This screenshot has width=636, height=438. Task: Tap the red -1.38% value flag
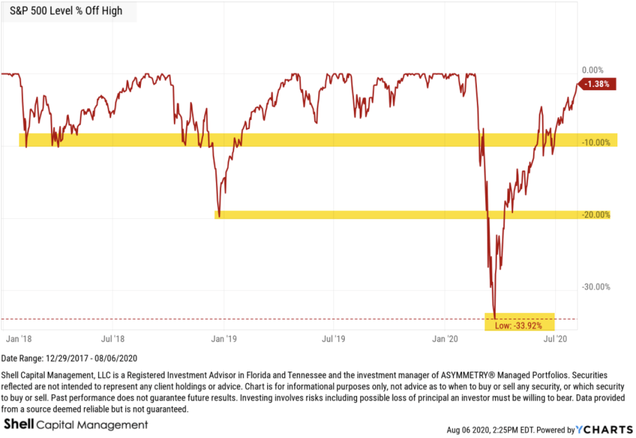(x=599, y=84)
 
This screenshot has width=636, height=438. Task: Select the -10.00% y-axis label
(x=596, y=142)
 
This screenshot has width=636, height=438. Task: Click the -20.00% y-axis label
(x=595, y=215)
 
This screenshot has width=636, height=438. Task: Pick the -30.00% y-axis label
(x=595, y=287)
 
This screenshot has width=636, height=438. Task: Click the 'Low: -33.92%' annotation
(x=520, y=325)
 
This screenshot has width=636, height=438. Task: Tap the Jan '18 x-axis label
(x=19, y=339)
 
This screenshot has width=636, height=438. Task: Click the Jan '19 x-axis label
(x=222, y=339)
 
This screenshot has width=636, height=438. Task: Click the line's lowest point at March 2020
(x=494, y=317)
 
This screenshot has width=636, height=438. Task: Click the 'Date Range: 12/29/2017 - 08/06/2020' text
(x=69, y=358)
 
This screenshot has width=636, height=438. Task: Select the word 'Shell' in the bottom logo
(x=19, y=425)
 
